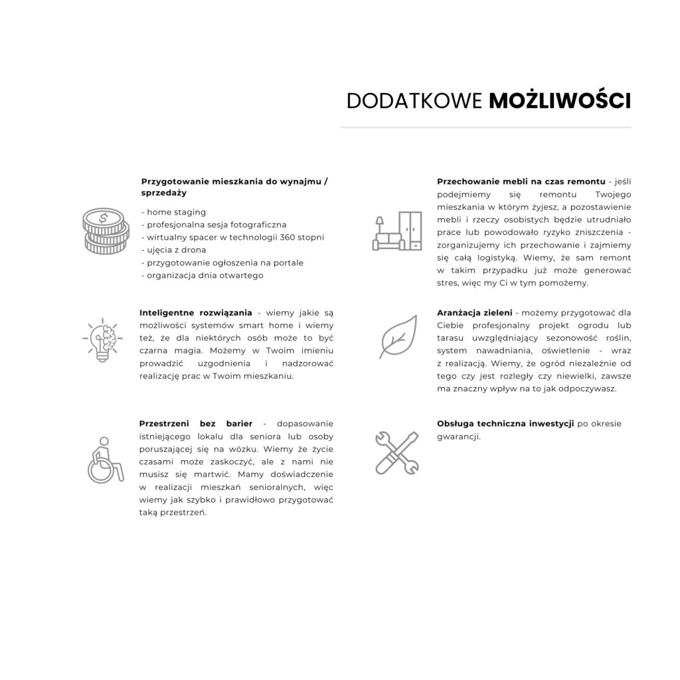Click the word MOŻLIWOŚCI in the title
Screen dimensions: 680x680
tap(560, 100)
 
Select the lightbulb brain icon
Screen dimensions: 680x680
tap(103, 341)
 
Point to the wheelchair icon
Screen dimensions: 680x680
tap(106, 458)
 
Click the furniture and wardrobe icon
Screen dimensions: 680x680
tap(397, 231)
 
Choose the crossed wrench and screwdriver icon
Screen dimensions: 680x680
tap(396, 452)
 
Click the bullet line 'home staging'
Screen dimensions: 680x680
tap(173, 212)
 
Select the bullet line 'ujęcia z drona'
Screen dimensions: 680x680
tap(173, 250)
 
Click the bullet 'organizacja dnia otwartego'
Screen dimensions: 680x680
tap(203, 275)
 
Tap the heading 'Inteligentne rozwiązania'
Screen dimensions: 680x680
tap(195, 313)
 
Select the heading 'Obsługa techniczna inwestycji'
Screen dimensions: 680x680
tap(505, 424)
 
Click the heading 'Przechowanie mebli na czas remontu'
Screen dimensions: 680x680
tap(521, 181)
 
